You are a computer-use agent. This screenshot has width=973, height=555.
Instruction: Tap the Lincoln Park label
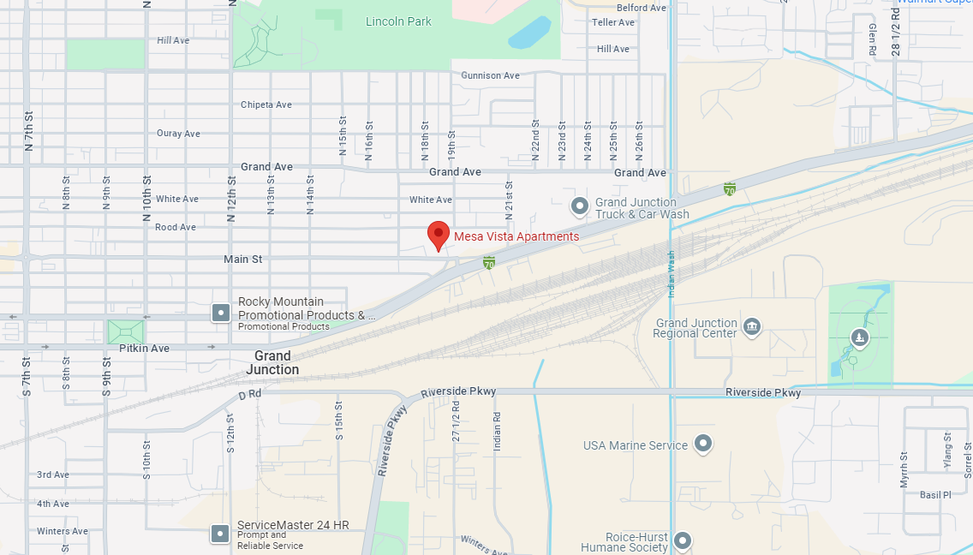[398, 21]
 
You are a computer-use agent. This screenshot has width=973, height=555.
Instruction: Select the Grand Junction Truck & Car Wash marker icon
[580, 206]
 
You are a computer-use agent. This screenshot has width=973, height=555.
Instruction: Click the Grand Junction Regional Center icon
[752, 325]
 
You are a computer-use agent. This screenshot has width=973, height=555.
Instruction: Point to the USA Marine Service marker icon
[703, 444]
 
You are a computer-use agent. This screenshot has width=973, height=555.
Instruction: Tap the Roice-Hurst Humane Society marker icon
[683, 540]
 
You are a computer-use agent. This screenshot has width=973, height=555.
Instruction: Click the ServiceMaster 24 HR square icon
[221, 534]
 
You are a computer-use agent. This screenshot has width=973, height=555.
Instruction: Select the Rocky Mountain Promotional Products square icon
[221, 313]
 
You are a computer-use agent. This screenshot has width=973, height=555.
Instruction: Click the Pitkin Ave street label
[144, 349]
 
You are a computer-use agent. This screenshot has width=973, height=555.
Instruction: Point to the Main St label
[242, 259]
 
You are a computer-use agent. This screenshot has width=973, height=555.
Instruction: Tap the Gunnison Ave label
[490, 75]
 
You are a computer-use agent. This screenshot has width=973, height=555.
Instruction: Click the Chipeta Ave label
[266, 104]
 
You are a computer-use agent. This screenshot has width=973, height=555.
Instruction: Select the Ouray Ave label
[178, 134]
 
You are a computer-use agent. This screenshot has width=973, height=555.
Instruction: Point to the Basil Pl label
[935, 495]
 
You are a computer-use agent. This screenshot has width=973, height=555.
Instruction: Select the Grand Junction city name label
[272, 363]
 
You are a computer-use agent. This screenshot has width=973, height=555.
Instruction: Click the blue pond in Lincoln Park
[529, 33]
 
